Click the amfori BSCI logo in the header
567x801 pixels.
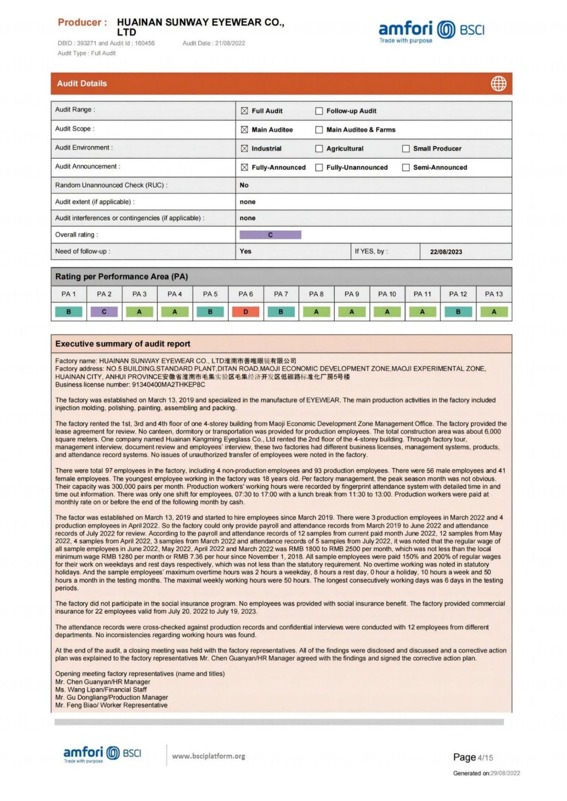431,31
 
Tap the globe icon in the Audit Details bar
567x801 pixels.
498,84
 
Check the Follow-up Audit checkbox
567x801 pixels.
319,111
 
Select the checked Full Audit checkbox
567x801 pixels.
244,111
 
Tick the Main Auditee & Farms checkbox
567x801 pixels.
319,130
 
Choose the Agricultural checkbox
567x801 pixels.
319,149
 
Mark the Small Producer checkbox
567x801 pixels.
406,149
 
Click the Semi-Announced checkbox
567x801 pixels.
406,168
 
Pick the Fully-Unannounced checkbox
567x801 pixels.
319,168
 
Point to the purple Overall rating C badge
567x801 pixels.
270,235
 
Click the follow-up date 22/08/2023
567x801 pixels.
446,252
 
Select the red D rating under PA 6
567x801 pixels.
245,312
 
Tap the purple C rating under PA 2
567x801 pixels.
104,312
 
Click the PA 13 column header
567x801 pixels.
493,294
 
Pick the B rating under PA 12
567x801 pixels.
458,312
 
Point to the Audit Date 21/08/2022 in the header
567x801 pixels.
214,44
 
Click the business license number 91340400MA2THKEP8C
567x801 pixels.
168,385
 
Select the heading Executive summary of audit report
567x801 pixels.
123,344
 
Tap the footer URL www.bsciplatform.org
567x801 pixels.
208,756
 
